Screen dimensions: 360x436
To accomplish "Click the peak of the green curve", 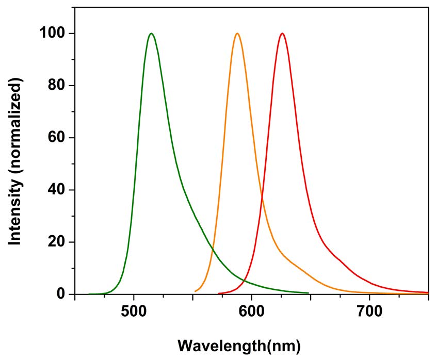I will pos(151,34).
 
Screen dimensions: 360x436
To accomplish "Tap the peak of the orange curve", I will pos(237,34).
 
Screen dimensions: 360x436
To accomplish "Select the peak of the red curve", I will pos(282,34).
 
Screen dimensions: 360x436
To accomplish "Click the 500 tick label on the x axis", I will pos(134,313).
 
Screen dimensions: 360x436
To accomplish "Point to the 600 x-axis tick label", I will pos(251,313).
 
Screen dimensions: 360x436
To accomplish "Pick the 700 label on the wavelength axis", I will pos(369,313).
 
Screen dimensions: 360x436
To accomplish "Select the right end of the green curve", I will pos(309,293).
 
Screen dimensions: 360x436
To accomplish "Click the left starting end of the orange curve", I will pos(195,291).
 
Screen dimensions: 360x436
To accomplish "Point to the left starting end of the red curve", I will pos(219,293).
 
